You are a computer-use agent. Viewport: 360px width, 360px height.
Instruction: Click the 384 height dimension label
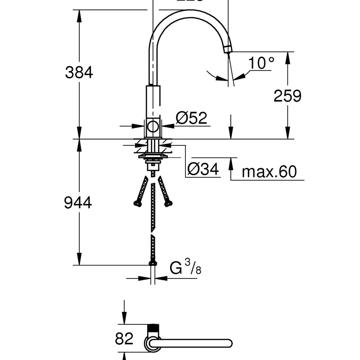79,72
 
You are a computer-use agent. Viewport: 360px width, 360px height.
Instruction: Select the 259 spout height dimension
287,96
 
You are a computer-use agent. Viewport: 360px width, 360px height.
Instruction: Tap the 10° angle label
261,63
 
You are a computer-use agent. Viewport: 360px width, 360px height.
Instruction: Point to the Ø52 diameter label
191,118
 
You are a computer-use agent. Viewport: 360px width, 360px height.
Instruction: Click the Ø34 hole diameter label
203,169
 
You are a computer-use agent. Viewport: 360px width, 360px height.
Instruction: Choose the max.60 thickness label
269,171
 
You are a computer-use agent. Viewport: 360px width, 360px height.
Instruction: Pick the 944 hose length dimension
78,203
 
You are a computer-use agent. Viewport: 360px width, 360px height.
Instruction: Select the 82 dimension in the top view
124,338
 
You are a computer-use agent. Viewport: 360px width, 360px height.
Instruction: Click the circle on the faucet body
153,126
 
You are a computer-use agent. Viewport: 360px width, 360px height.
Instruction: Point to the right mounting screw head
169,203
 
